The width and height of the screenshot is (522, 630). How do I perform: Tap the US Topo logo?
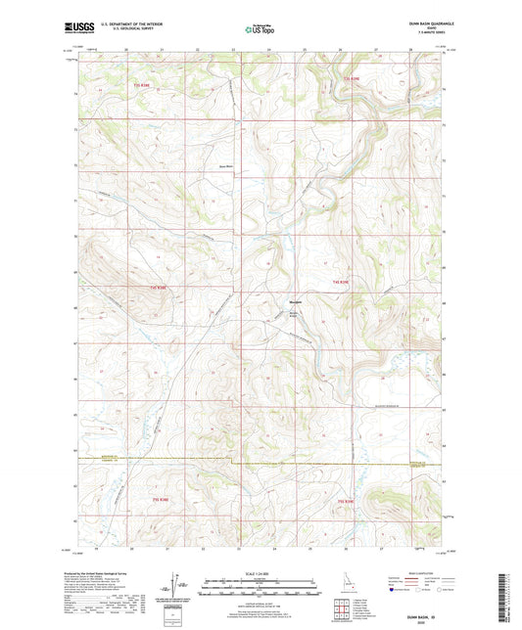pos(260,29)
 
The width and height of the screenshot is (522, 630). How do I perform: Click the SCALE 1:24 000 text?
pos(261,572)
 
